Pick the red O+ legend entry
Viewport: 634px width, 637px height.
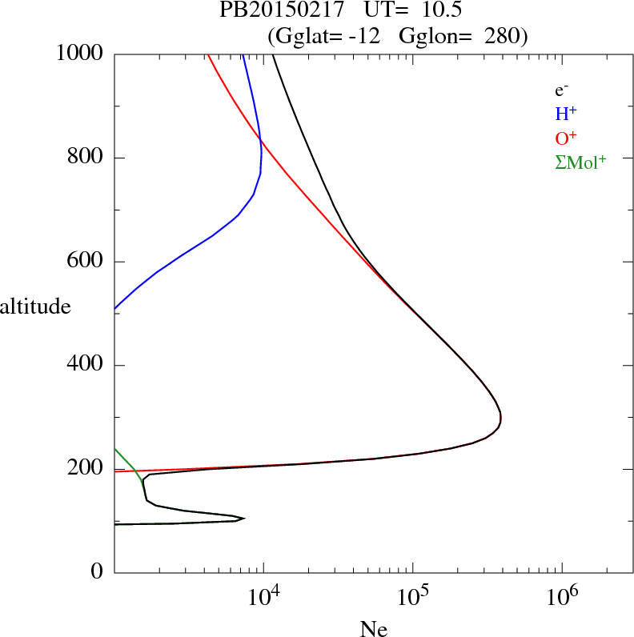tap(566, 138)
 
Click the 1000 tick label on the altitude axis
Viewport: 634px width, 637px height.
tap(81, 54)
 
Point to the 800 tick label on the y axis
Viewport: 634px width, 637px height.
tap(86, 158)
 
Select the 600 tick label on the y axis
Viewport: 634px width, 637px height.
tap(86, 262)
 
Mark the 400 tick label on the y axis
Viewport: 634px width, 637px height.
tap(86, 366)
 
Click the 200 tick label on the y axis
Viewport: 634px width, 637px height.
tap(86, 469)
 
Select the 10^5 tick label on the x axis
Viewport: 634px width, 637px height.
tap(412, 595)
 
